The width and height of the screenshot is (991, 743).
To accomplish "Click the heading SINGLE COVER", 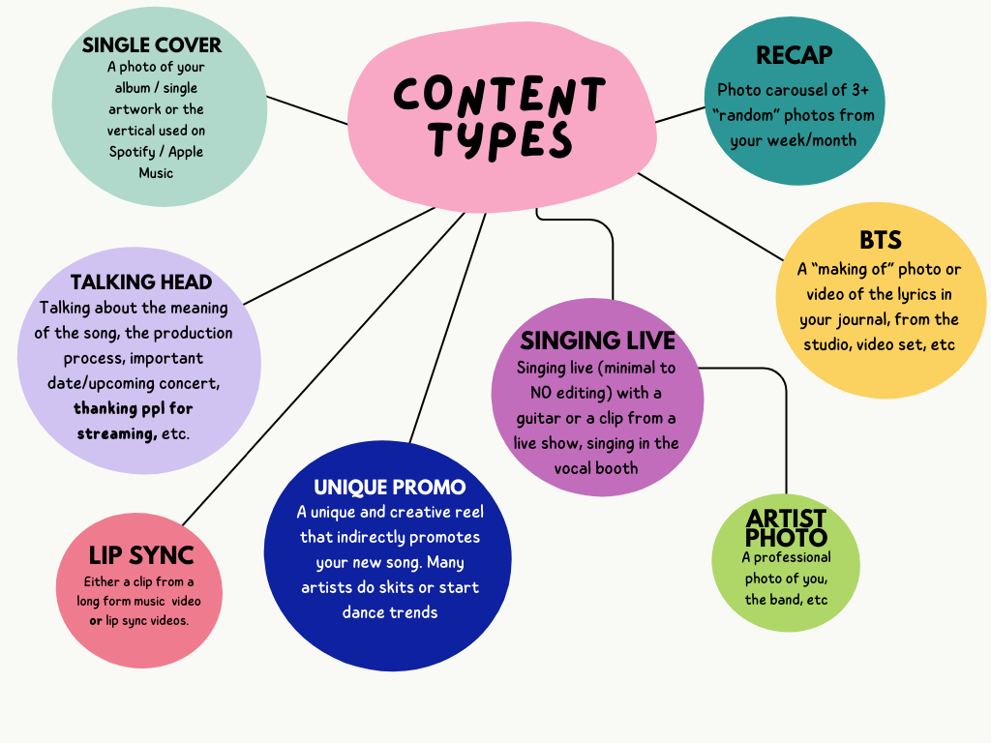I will [x=152, y=45].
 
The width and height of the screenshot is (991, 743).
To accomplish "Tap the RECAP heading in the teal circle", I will [x=794, y=56].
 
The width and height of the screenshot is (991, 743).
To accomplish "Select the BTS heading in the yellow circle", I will [x=880, y=240].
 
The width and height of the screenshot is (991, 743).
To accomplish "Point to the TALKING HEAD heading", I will [x=140, y=282].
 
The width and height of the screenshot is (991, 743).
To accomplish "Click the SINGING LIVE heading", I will [x=597, y=341].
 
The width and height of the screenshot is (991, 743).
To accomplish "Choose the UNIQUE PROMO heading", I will [x=389, y=487].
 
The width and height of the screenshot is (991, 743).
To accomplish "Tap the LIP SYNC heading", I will [x=141, y=555].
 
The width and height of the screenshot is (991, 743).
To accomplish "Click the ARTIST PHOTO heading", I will [x=786, y=528].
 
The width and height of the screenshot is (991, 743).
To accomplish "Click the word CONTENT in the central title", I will [x=499, y=95].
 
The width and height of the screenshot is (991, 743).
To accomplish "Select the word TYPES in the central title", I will [x=501, y=141].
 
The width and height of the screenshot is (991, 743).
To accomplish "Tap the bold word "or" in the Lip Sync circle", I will [x=96, y=620].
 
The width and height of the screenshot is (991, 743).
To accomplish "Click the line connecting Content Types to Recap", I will [x=680, y=114].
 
